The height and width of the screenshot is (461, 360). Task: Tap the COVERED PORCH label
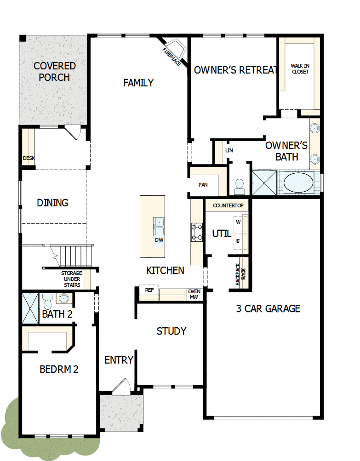click(54, 72)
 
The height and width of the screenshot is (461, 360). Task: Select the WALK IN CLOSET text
click(300, 69)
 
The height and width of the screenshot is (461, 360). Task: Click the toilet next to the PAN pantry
click(239, 186)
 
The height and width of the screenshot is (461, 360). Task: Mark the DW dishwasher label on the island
click(159, 240)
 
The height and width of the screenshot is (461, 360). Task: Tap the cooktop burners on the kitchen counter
click(197, 232)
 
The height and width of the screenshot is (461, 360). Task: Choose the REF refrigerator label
click(149, 290)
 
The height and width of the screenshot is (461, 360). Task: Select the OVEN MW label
click(194, 294)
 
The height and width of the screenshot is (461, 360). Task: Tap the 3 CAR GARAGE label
click(268, 308)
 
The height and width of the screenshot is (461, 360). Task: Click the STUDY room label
click(171, 331)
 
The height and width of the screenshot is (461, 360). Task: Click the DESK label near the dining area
click(29, 158)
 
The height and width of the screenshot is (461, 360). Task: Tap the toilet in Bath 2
click(47, 302)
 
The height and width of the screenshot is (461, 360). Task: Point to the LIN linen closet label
click(229, 150)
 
